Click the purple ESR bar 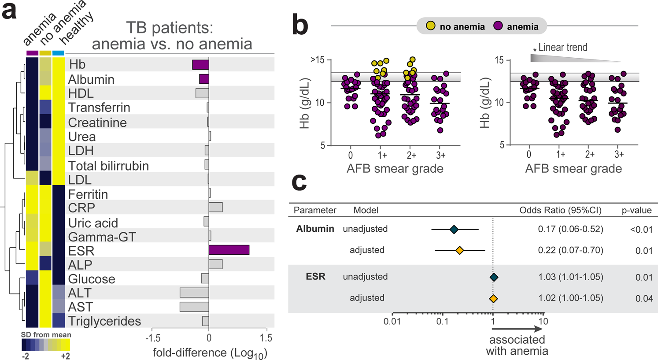point(229,250)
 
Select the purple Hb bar point(200,64)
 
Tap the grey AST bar point(194,307)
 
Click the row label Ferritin point(88,194)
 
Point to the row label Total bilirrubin point(108,166)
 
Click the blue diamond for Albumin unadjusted point(454,229)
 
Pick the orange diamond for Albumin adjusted point(459,250)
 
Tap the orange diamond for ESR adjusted point(494,298)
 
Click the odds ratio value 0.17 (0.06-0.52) point(570,229)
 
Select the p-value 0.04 point(644,298)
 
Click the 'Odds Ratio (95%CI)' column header point(560,210)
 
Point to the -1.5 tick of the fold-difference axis point(152,338)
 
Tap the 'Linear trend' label point(562,48)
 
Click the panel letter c point(299,181)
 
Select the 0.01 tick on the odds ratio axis point(392,321)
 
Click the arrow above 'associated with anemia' point(517,329)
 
